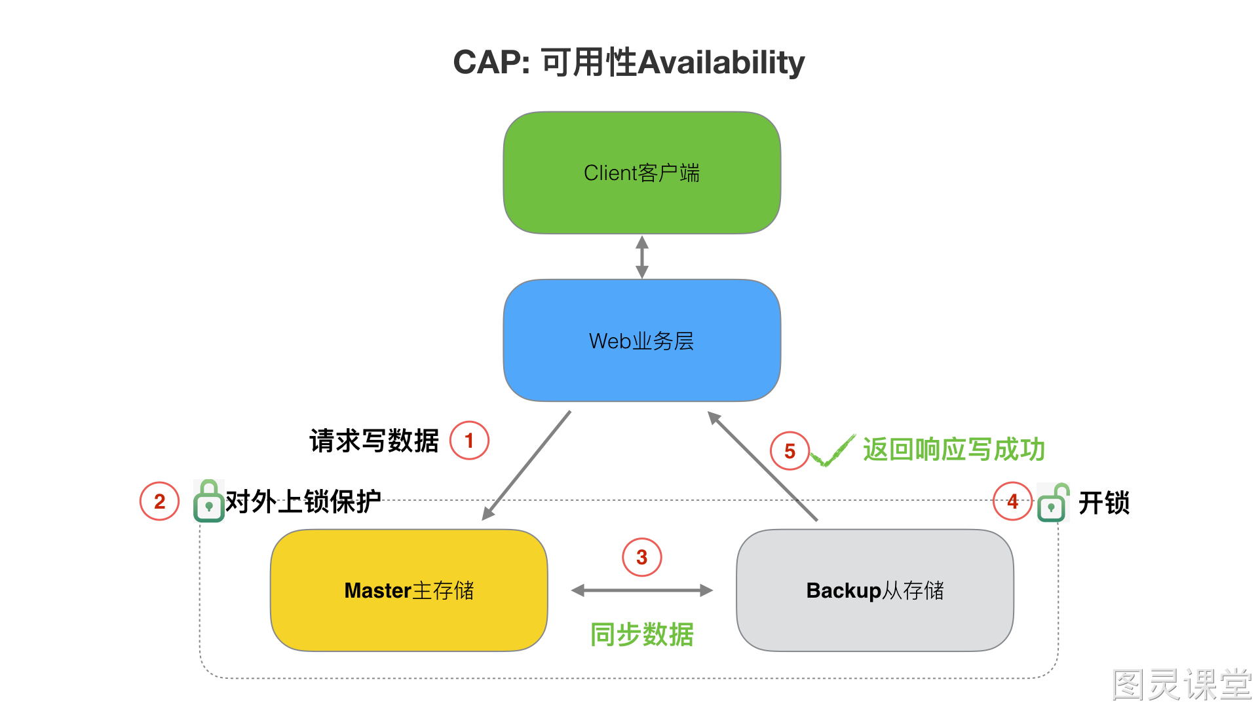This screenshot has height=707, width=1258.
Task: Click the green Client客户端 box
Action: point(642,173)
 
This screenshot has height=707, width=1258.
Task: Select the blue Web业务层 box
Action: point(642,340)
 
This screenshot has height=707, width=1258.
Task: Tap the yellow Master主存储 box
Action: point(409,590)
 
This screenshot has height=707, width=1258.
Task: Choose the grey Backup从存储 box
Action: point(875,590)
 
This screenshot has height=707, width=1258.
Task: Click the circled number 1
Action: point(469,441)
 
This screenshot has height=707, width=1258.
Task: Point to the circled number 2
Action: point(159,501)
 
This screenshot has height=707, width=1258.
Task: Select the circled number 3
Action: point(642,557)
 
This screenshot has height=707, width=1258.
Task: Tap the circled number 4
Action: point(1013,501)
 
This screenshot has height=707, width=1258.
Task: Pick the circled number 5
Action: point(790,451)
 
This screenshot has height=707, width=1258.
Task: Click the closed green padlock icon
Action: point(209,501)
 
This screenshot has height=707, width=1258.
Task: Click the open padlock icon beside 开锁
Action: point(1053,503)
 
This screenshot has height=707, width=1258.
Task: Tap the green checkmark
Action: point(833,451)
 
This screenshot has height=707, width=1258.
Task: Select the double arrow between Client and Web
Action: point(642,257)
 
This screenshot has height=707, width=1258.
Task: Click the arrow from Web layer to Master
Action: point(526,465)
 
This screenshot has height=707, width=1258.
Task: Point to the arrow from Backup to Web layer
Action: point(763,466)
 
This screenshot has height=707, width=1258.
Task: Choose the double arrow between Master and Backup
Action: point(642,590)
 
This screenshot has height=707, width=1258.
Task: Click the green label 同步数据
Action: point(642,634)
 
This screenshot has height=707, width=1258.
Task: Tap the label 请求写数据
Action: point(374,441)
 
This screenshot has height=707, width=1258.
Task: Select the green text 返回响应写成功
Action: point(954,450)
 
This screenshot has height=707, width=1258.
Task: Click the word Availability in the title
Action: point(721,63)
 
